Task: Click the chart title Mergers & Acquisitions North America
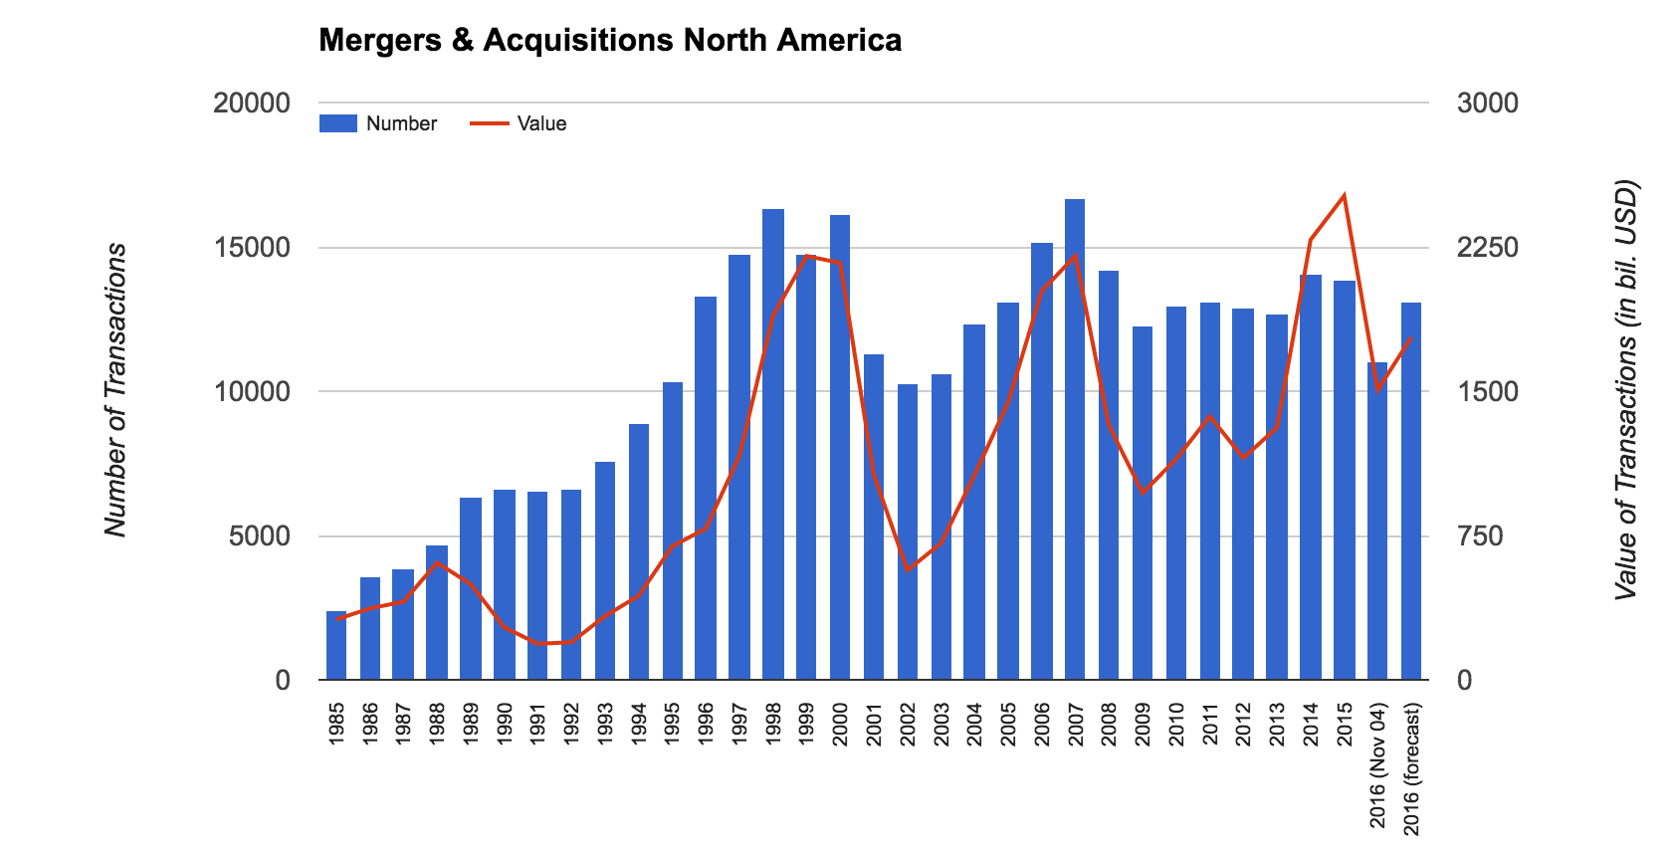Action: pos(610,41)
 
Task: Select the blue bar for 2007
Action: pos(1075,438)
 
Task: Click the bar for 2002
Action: pos(908,532)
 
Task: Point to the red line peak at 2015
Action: pos(1345,196)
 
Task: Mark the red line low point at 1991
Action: pos(538,644)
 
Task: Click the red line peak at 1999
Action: pos(807,256)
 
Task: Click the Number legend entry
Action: pos(379,123)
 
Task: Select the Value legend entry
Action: pos(519,123)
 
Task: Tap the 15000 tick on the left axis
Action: pos(252,248)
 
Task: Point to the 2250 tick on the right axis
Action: pos(1488,248)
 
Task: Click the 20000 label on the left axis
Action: pos(252,104)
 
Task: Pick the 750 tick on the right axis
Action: pos(1480,536)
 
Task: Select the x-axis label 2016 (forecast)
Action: pos(1411,768)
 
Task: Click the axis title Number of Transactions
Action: pos(116,390)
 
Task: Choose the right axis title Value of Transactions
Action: pos(1625,390)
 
